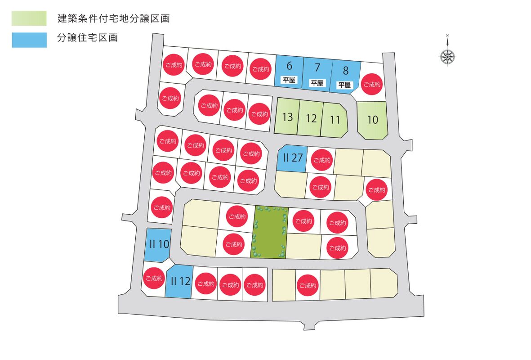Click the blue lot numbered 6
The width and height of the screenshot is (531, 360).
[x=289, y=71]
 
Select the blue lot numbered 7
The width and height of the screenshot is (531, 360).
[x=317, y=73]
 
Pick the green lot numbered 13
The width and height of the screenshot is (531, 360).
[x=286, y=116]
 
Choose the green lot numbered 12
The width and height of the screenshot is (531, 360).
[x=310, y=118]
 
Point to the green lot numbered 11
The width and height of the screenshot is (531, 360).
[x=335, y=120]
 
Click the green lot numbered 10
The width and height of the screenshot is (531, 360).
[x=373, y=120]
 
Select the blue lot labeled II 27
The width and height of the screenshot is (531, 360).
[x=292, y=158]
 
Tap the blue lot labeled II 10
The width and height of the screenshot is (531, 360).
[x=159, y=245]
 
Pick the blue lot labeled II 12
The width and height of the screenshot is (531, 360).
[x=179, y=281]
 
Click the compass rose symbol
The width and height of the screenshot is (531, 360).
[x=448, y=56]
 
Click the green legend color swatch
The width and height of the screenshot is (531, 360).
[x=29, y=18]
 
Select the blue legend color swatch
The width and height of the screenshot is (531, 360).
[x=29, y=40]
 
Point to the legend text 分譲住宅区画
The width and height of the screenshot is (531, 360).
[x=87, y=38]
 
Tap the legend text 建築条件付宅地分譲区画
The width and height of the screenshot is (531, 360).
[x=113, y=18]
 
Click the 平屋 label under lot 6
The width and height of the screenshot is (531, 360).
[x=289, y=80]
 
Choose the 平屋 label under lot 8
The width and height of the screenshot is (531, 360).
[x=344, y=85]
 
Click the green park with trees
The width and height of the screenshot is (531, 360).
[x=270, y=232]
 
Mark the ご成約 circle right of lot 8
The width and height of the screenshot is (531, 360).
[x=372, y=84]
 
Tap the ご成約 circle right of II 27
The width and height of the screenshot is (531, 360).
[x=321, y=160]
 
